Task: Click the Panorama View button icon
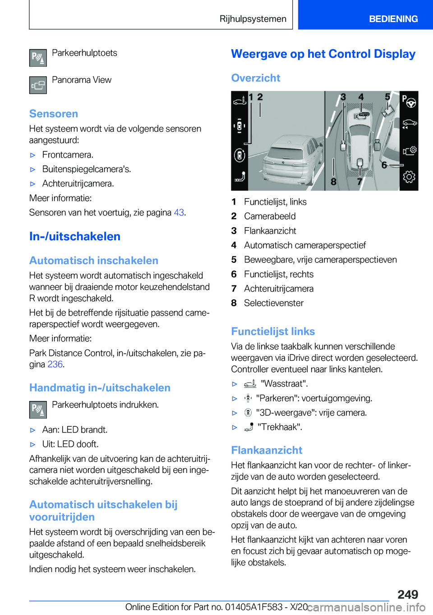[38, 85]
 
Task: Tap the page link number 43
[179, 213]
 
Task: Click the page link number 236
[55, 364]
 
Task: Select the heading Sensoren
[54, 114]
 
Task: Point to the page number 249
[408, 594]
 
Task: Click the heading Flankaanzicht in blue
[267, 450]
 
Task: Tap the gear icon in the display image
[409, 177]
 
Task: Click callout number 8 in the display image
[333, 182]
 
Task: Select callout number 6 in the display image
[384, 165]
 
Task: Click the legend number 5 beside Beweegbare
[234, 260]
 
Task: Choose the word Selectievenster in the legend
[274, 303]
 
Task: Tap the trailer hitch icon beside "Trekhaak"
[249, 427]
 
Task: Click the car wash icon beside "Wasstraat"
[250, 384]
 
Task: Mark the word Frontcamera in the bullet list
[67, 155]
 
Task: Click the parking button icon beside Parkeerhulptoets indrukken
[38, 410]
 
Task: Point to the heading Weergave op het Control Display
[323, 54]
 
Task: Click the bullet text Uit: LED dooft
[70, 444]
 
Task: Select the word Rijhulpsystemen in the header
[253, 19]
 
